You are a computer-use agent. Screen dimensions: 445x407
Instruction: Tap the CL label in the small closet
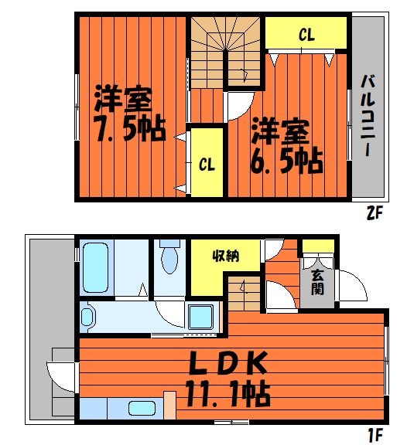tap(207, 164)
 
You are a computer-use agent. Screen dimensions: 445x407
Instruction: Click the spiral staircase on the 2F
tap(227, 50)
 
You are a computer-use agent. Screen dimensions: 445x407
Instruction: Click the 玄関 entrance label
tap(318, 284)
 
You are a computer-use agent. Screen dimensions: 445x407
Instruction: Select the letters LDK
tap(228, 363)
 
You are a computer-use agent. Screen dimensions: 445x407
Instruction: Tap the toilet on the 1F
tap(169, 258)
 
